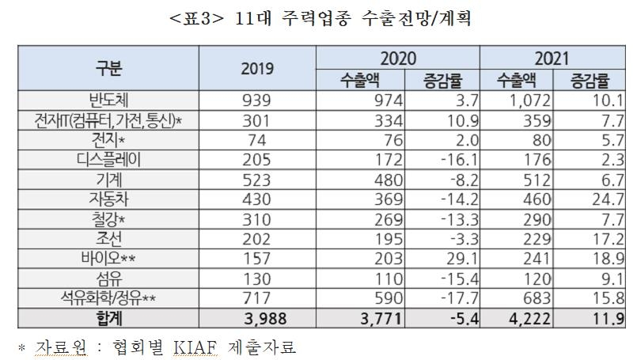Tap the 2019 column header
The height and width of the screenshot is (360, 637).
(x=257, y=68)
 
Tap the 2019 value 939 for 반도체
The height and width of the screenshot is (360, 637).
(x=257, y=100)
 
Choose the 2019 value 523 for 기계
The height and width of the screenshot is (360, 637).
(x=257, y=179)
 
